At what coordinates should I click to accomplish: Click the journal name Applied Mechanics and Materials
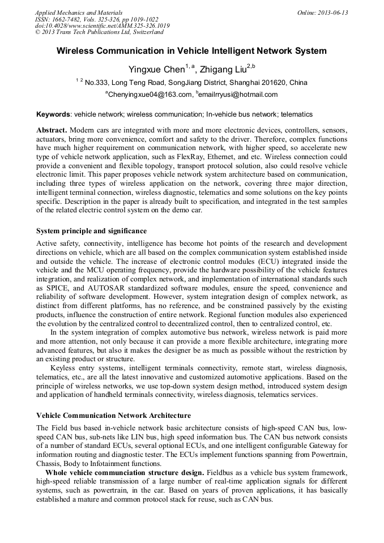79,12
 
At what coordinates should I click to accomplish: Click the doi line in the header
102,25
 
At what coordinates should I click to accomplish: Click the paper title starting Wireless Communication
191,51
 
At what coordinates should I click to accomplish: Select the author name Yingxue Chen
156,70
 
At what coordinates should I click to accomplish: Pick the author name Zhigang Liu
224,70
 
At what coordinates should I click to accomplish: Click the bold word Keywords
53,114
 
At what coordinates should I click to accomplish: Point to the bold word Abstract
52,130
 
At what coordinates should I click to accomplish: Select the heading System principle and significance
91,231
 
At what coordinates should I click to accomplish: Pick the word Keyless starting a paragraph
63,368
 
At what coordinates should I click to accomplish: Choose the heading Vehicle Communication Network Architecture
113,416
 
